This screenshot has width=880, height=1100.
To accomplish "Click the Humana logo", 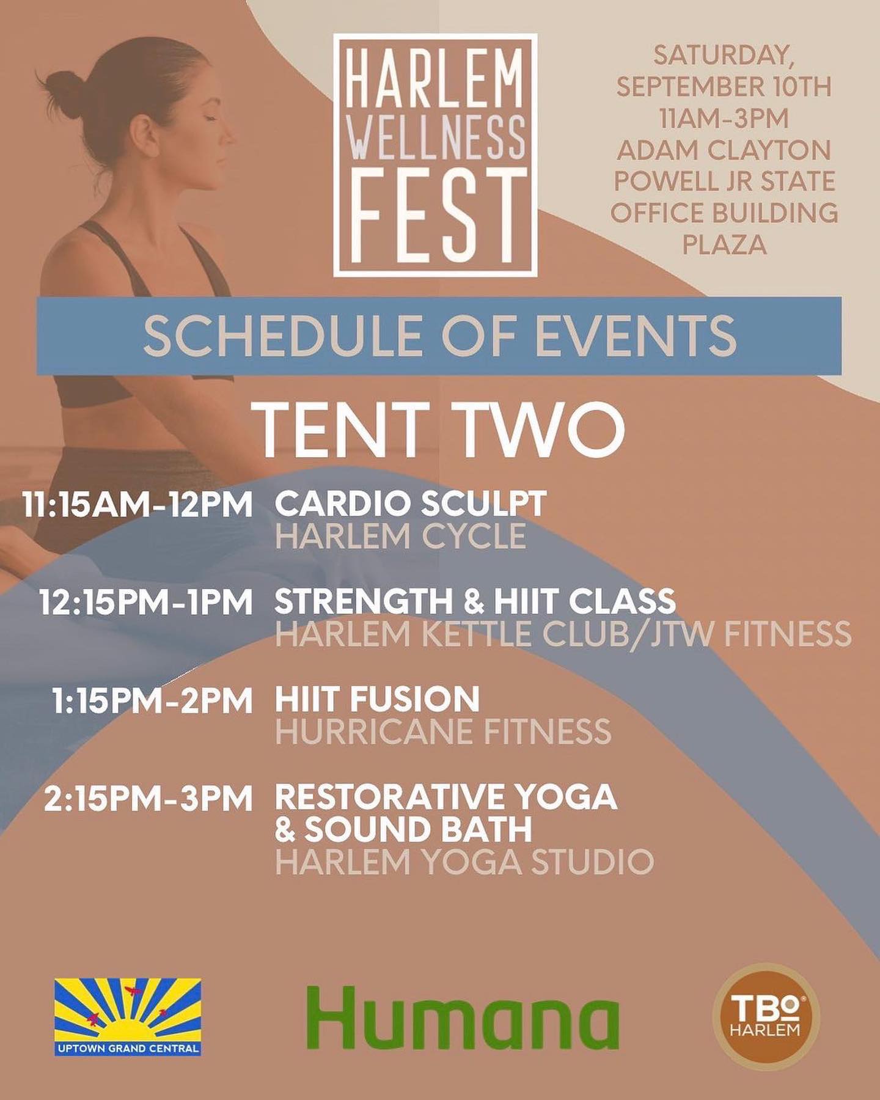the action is tap(463, 1018).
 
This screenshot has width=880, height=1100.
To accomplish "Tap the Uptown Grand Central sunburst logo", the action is tap(128, 1017).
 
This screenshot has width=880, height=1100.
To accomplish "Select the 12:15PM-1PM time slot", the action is tap(146, 602).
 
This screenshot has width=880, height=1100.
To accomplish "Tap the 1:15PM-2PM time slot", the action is tap(153, 700).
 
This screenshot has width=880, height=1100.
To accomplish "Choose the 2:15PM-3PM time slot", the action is tap(148, 798).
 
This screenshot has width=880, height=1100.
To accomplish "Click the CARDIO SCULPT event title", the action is tap(411, 504).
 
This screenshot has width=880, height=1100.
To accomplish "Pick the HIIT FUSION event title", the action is tap(377, 700).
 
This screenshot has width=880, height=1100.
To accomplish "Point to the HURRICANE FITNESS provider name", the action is tap(443, 732).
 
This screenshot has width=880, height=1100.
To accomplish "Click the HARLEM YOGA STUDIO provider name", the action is tap(464, 862).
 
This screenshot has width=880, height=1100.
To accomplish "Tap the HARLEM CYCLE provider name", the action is tap(400, 536).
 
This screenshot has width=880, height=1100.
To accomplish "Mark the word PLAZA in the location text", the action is tap(724, 244).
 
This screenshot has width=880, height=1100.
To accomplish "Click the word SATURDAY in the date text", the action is tap(724, 55).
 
